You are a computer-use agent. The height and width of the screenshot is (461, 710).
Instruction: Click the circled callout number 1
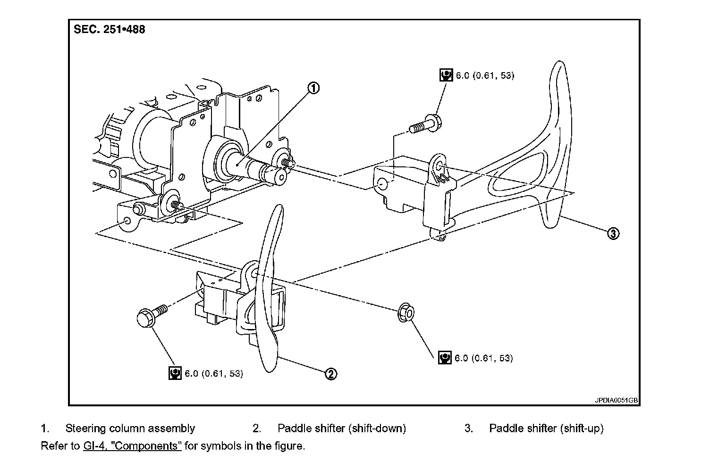click(313, 88)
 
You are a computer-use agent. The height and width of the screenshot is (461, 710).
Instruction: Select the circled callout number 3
click(612, 233)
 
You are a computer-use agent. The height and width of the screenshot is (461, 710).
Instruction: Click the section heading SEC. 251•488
click(110, 29)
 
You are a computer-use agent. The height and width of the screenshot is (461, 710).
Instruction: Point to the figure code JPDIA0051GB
click(616, 401)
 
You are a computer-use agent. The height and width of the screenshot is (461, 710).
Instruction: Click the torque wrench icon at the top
click(446, 75)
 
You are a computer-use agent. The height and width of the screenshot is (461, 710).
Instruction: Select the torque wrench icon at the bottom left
click(175, 373)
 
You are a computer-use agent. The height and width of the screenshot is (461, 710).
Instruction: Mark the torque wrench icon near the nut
click(444, 358)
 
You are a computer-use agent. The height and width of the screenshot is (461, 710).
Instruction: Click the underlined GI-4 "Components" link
click(132, 446)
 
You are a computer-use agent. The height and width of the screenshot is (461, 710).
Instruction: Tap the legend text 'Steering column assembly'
click(130, 428)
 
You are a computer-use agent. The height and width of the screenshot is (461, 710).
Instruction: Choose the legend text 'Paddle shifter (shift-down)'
click(342, 428)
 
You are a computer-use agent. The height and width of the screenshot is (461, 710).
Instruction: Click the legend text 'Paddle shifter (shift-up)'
click(546, 428)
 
